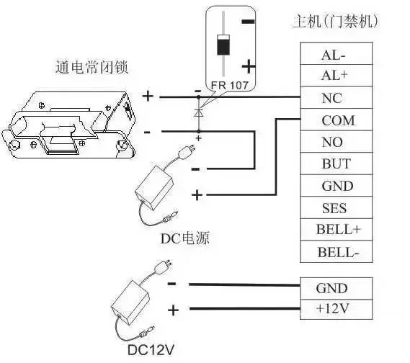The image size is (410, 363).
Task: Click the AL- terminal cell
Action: (336, 53)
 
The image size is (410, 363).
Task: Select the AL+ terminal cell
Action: (336, 76)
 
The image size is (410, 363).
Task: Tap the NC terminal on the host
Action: (336, 98)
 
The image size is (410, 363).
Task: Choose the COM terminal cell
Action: (336, 120)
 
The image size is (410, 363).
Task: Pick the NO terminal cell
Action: (336, 142)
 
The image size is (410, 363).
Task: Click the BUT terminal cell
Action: (336, 163)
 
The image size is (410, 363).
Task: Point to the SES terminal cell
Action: (336, 207)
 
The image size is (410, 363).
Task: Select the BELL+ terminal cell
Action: (336, 230)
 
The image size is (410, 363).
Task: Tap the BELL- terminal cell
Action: (336, 251)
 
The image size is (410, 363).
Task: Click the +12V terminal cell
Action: (336, 309)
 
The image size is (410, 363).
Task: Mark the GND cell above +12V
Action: (336, 289)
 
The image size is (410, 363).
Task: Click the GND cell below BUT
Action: (336, 186)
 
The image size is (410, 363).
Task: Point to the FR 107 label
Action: (229, 85)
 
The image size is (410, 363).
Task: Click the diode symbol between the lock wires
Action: (199, 113)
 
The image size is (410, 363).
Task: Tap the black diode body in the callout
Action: (223, 45)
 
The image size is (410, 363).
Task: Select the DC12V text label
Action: (151, 349)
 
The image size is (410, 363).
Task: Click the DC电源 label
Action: (185, 238)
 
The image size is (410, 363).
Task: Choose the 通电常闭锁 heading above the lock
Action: (92, 67)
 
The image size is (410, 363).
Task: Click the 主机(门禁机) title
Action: (336, 21)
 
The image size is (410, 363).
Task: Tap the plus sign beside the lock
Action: (148, 96)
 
